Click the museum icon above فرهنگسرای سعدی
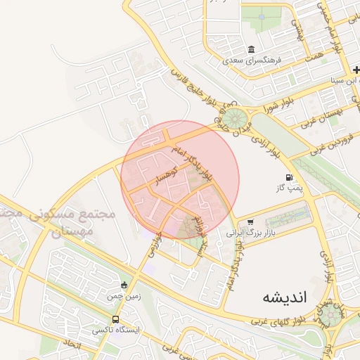tap(252, 49)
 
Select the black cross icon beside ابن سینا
tap(356, 70)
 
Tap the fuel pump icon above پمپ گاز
tap(289, 177)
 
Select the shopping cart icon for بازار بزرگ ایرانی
tap(250, 222)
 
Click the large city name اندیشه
tap(285, 297)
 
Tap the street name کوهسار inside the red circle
tap(171, 174)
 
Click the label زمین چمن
tap(124, 296)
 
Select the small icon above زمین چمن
tap(124, 285)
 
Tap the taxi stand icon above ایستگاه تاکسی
tap(115, 320)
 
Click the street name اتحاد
tap(73, 345)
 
